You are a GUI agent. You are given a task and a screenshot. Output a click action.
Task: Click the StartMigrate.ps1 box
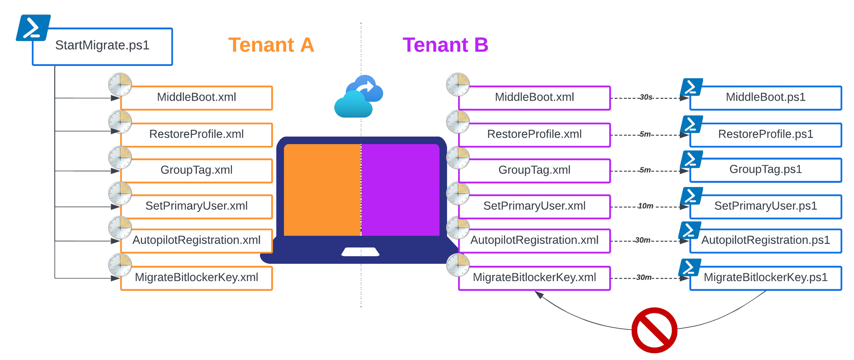(x=102, y=46)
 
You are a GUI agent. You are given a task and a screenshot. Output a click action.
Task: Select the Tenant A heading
(x=271, y=45)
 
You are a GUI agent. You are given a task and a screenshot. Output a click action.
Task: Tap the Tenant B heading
(x=445, y=45)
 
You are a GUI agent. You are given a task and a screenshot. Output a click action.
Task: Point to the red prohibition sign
(x=654, y=330)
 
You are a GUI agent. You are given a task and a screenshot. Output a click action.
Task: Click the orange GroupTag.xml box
(x=196, y=170)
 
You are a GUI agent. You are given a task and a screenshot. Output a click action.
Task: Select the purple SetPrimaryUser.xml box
(x=534, y=206)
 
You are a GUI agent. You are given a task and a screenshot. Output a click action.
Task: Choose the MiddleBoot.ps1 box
(x=765, y=98)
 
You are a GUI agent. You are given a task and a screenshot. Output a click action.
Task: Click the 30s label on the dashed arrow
(x=646, y=97)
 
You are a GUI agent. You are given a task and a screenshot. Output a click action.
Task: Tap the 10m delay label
(x=645, y=206)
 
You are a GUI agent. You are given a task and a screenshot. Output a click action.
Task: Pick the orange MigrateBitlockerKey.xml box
(x=196, y=278)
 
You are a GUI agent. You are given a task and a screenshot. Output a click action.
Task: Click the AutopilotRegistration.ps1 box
(x=765, y=240)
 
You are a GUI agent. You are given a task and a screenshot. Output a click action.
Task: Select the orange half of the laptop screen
(x=322, y=190)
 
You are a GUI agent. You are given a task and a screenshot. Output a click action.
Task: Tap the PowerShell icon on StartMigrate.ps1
(x=33, y=28)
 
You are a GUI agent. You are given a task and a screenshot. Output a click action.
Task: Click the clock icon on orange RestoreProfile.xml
(x=120, y=122)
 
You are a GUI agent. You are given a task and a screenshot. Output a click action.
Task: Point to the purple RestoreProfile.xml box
(x=534, y=135)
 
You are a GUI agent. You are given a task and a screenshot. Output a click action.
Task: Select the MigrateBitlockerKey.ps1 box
(x=765, y=278)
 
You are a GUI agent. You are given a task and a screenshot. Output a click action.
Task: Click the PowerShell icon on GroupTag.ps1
(x=691, y=160)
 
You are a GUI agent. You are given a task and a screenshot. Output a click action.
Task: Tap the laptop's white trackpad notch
(x=360, y=252)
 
